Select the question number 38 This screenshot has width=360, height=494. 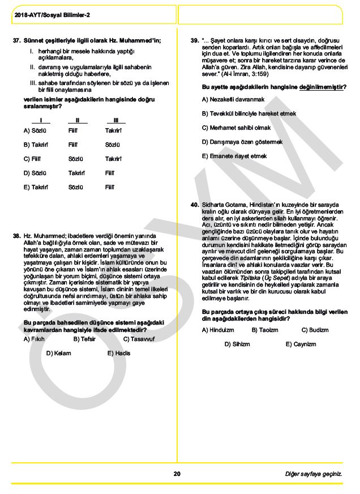tap(16, 235)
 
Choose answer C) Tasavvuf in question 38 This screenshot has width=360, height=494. tap(139, 339)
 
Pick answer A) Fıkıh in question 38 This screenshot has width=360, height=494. tap(34, 339)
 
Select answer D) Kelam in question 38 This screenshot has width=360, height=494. tap(58, 353)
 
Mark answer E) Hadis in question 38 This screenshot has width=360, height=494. tap(119, 353)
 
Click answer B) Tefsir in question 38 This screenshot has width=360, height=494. tap(84, 339)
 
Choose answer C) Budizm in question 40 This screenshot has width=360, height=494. tap(315, 330)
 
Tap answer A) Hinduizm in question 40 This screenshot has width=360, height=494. tap(218, 330)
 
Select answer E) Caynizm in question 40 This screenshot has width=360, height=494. tap(301, 344)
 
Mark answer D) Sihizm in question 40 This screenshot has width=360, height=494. tap(237, 344)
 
